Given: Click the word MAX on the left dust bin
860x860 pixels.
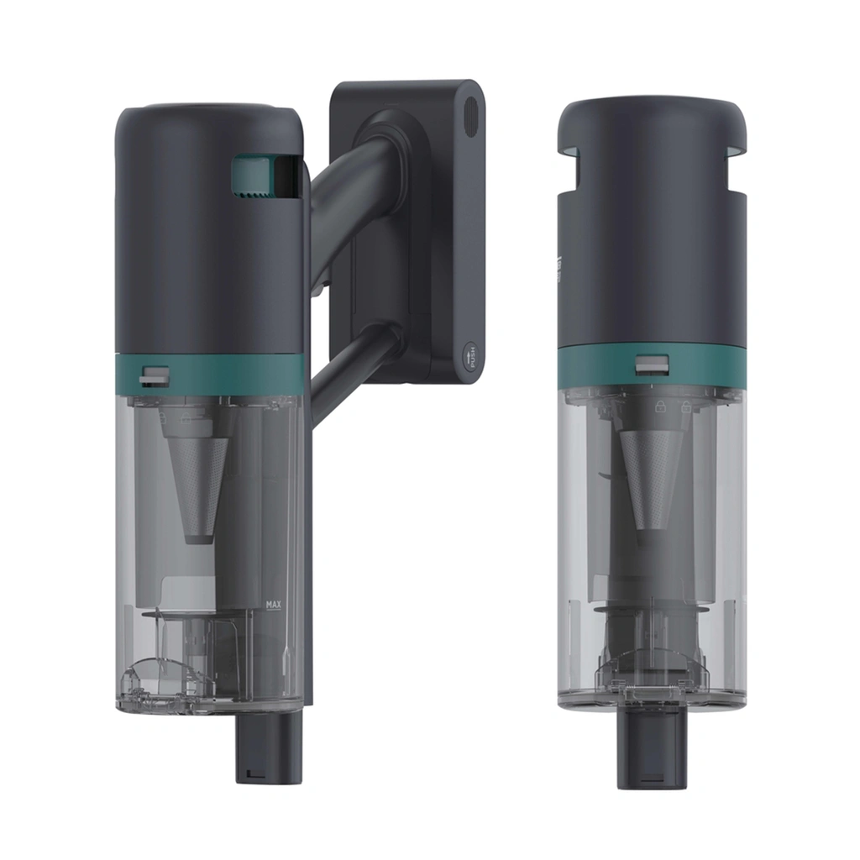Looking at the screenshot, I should click(x=272, y=604).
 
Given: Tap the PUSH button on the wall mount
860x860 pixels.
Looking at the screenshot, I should click(x=470, y=356).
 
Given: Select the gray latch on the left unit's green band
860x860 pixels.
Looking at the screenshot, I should click(x=152, y=375).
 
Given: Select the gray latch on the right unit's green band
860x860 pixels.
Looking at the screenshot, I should click(x=652, y=366).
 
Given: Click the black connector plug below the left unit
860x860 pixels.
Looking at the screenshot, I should click(x=268, y=747).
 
